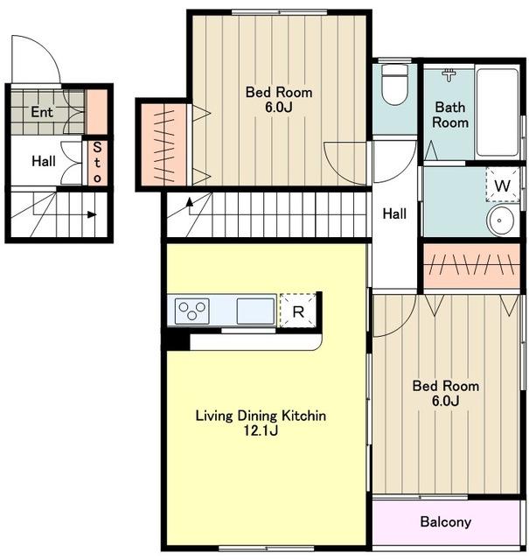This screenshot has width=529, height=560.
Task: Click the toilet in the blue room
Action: pos(394,85)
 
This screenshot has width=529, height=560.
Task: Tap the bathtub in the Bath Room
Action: pos(498,112)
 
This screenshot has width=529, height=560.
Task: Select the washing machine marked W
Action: pos(502,185)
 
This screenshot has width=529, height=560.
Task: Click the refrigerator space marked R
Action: pos(298,311)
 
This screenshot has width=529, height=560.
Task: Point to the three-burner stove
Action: pos(192,311)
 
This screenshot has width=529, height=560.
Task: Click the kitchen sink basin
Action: pos(255,311)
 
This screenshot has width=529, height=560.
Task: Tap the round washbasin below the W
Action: pos(500,220)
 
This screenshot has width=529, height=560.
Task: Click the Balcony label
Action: pos(445,521)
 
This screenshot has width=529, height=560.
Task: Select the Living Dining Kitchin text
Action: pos(261,416)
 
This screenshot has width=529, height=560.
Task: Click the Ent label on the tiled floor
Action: pos(42,112)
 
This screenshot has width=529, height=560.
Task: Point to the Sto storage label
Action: pos(97,162)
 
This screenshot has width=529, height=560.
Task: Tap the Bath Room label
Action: pos(450,115)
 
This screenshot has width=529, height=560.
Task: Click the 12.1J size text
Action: pos(261,430)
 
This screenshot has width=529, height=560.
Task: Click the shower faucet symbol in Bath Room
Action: pos(449,74)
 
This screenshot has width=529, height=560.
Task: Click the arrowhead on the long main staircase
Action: pos(190,202)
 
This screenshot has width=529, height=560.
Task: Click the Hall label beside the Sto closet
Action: pos(44,161)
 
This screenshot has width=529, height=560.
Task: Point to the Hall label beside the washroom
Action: pos(394,213)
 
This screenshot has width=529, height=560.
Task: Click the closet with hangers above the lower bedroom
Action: pos(471,266)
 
